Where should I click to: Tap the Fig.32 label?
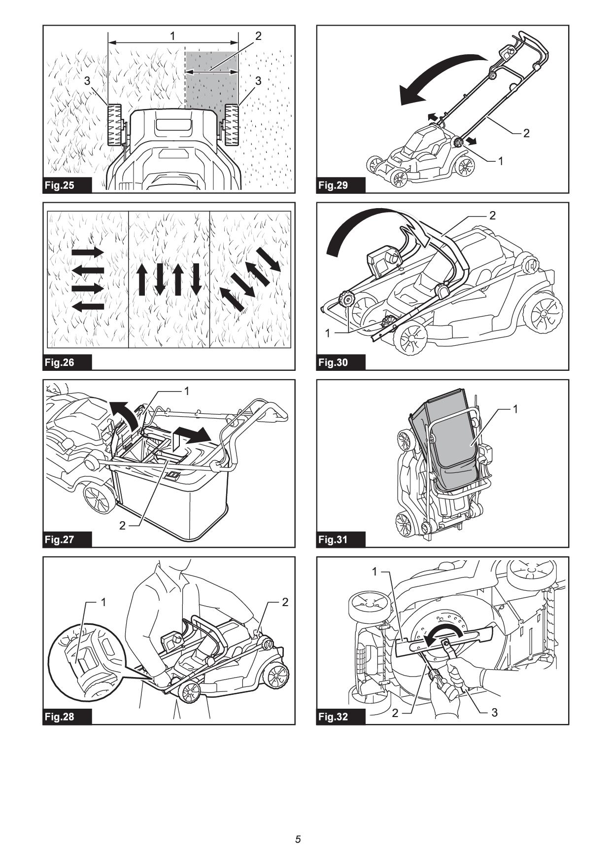[x=334, y=717]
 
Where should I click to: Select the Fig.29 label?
[x=334, y=185]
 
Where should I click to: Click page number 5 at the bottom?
[x=298, y=839]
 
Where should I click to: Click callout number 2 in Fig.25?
[x=258, y=36]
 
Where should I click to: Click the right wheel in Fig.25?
[x=232, y=125]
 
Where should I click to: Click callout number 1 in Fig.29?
[x=501, y=161]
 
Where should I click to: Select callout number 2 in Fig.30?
[x=492, y=216]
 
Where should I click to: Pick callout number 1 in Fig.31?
[x=515, y=409]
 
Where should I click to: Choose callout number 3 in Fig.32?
[x=494, y=713]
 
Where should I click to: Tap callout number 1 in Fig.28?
[x=103, y=602]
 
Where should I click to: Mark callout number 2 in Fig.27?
[x=123, y=526]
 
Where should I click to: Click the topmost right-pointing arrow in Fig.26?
[x=88, y=252]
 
